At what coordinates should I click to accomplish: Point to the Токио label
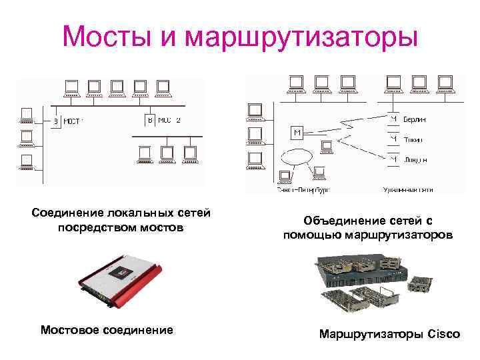click(x=413, y=140)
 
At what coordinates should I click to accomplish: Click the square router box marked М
click(x=297, y=133)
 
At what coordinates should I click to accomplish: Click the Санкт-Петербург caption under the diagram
click(x=303, y=190)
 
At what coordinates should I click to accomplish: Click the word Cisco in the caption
click(x=441, y=334)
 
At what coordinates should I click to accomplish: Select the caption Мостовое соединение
click(x=107, y=329)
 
